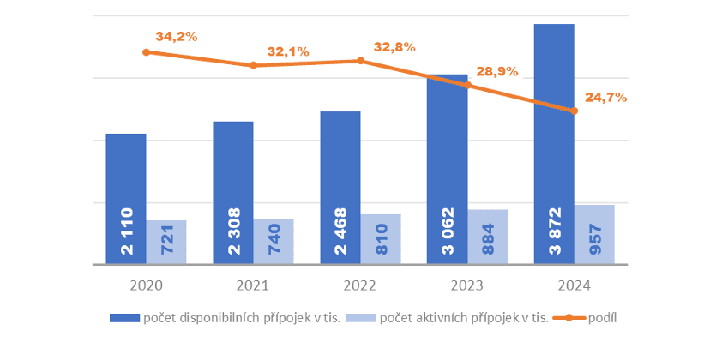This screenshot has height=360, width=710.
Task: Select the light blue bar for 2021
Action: (x=274, y=242)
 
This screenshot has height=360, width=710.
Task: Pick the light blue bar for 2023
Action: (x=488, y=237)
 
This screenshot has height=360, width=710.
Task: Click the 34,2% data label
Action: (x=177, y=37)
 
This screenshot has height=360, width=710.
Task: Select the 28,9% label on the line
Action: (x=497, y=71)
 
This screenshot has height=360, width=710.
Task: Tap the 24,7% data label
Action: (x=605, y=98)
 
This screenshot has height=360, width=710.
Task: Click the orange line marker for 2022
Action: (x=361, y=61)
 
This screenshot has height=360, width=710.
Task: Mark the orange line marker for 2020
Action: (x=146, y=52)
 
